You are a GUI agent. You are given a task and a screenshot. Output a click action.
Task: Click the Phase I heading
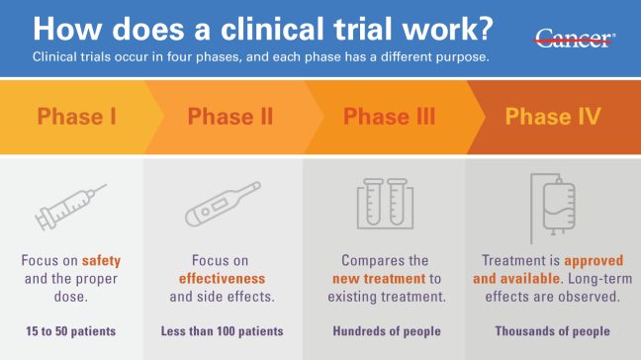click(77, 117)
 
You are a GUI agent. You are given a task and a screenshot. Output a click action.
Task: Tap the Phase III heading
click(389, 117)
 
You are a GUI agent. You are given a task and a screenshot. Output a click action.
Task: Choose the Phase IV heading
click(552, 117)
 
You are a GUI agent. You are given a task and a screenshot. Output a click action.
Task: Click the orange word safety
click(100, 261)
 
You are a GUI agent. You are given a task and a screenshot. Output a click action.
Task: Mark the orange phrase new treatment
click(376, 279)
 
